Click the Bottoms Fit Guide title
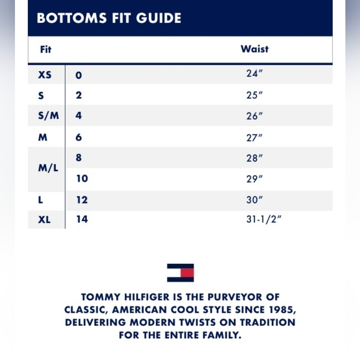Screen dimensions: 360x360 [109, 18]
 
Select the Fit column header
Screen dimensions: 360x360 [45, 50]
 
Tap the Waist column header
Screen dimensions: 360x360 [254, 49]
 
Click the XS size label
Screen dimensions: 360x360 [45, 75]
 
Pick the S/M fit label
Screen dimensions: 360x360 [45, 116]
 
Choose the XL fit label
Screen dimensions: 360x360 [45, 219]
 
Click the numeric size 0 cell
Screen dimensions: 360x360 [79, 75]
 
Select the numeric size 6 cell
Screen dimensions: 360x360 [79, 137]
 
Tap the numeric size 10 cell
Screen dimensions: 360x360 [82, 179]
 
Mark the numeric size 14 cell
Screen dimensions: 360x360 [82, 219]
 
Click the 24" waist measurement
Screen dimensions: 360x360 [254, 74]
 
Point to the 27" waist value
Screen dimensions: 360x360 [254, 138]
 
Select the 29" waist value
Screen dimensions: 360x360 [254, 179]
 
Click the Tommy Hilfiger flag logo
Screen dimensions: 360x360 [180, 272]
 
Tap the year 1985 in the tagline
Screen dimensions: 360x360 [280, 310]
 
